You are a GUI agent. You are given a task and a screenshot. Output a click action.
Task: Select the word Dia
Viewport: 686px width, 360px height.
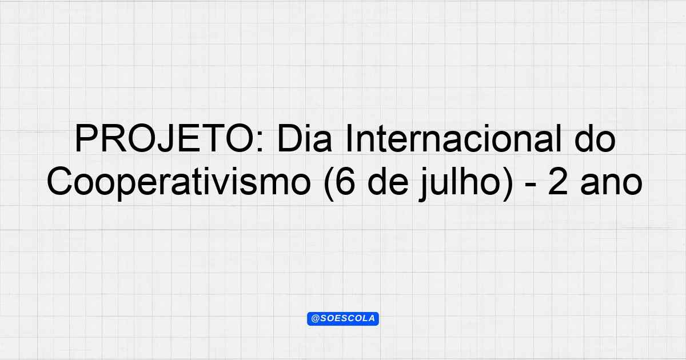tap(304, 138)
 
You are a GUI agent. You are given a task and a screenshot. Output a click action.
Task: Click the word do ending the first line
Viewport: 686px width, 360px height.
tap(595, 138)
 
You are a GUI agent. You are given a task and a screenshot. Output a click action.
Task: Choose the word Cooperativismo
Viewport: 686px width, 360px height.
tap(179, 182)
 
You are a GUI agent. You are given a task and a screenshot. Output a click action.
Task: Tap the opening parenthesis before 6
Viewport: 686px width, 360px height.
tap(329, 183)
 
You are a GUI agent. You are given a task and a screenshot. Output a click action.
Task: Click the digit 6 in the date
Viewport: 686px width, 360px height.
tap(345, 182)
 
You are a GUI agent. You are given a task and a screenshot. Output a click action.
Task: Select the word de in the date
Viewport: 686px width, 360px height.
tap(388, 182)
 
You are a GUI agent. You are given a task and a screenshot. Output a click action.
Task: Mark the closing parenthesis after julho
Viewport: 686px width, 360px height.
tap(508, 183)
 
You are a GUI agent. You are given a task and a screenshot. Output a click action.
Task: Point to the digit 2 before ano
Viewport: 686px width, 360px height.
tap(557, 182)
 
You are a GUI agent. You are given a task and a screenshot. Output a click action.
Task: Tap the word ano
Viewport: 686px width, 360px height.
tap(611, 185)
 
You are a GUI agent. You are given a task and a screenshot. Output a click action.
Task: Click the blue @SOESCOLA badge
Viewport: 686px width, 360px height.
tap(343, 319)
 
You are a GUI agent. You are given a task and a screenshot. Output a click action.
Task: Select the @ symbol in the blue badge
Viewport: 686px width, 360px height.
tap(316, 319)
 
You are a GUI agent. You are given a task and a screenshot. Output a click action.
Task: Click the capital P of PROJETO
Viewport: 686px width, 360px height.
tap(86, 138)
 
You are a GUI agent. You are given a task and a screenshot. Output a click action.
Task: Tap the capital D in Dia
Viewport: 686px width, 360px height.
tap(290, 138)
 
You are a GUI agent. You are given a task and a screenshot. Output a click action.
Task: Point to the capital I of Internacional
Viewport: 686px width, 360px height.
tap(348, 138)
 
